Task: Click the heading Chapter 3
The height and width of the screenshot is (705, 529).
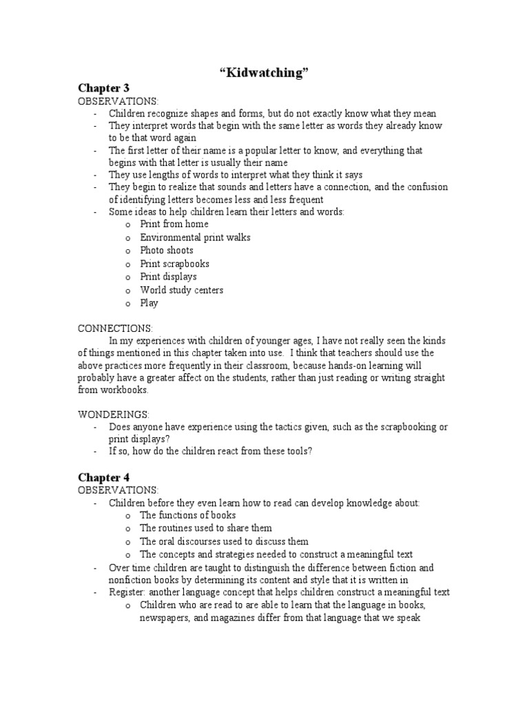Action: pyautogui.click(x=103, y=88)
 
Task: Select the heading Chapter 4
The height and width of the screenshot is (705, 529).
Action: pyautogui.click(x=103, y=477)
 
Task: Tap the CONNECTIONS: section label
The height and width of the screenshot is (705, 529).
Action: pyautogui.click(x=115, y=328)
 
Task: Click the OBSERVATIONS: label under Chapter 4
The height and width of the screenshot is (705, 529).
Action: pyautogui.click(x=118, y=490)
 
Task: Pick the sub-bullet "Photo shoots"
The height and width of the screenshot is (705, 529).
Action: pyautogui.click(x=167, y=251)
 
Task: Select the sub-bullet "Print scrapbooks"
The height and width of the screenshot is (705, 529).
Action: pyautogui.click(x=174, y=264)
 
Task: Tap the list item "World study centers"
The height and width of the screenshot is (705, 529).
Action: pyautogui.click(x=181, y=290)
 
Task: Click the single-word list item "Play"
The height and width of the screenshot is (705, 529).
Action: pyautogui.click(x=149, y=303)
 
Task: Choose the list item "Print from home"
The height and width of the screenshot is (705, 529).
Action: pyautogui.click(x=174, y=224)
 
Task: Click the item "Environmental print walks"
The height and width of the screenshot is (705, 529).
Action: pyautogui.click(x=195, y=238)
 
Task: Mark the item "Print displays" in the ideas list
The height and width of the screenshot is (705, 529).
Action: pyautogui.click(x=168, y=277)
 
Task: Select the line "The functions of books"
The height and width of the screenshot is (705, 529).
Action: pyautogui.click(x=187, y=515)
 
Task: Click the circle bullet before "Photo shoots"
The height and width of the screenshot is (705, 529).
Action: pyautogui.click(x=128, y=251)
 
